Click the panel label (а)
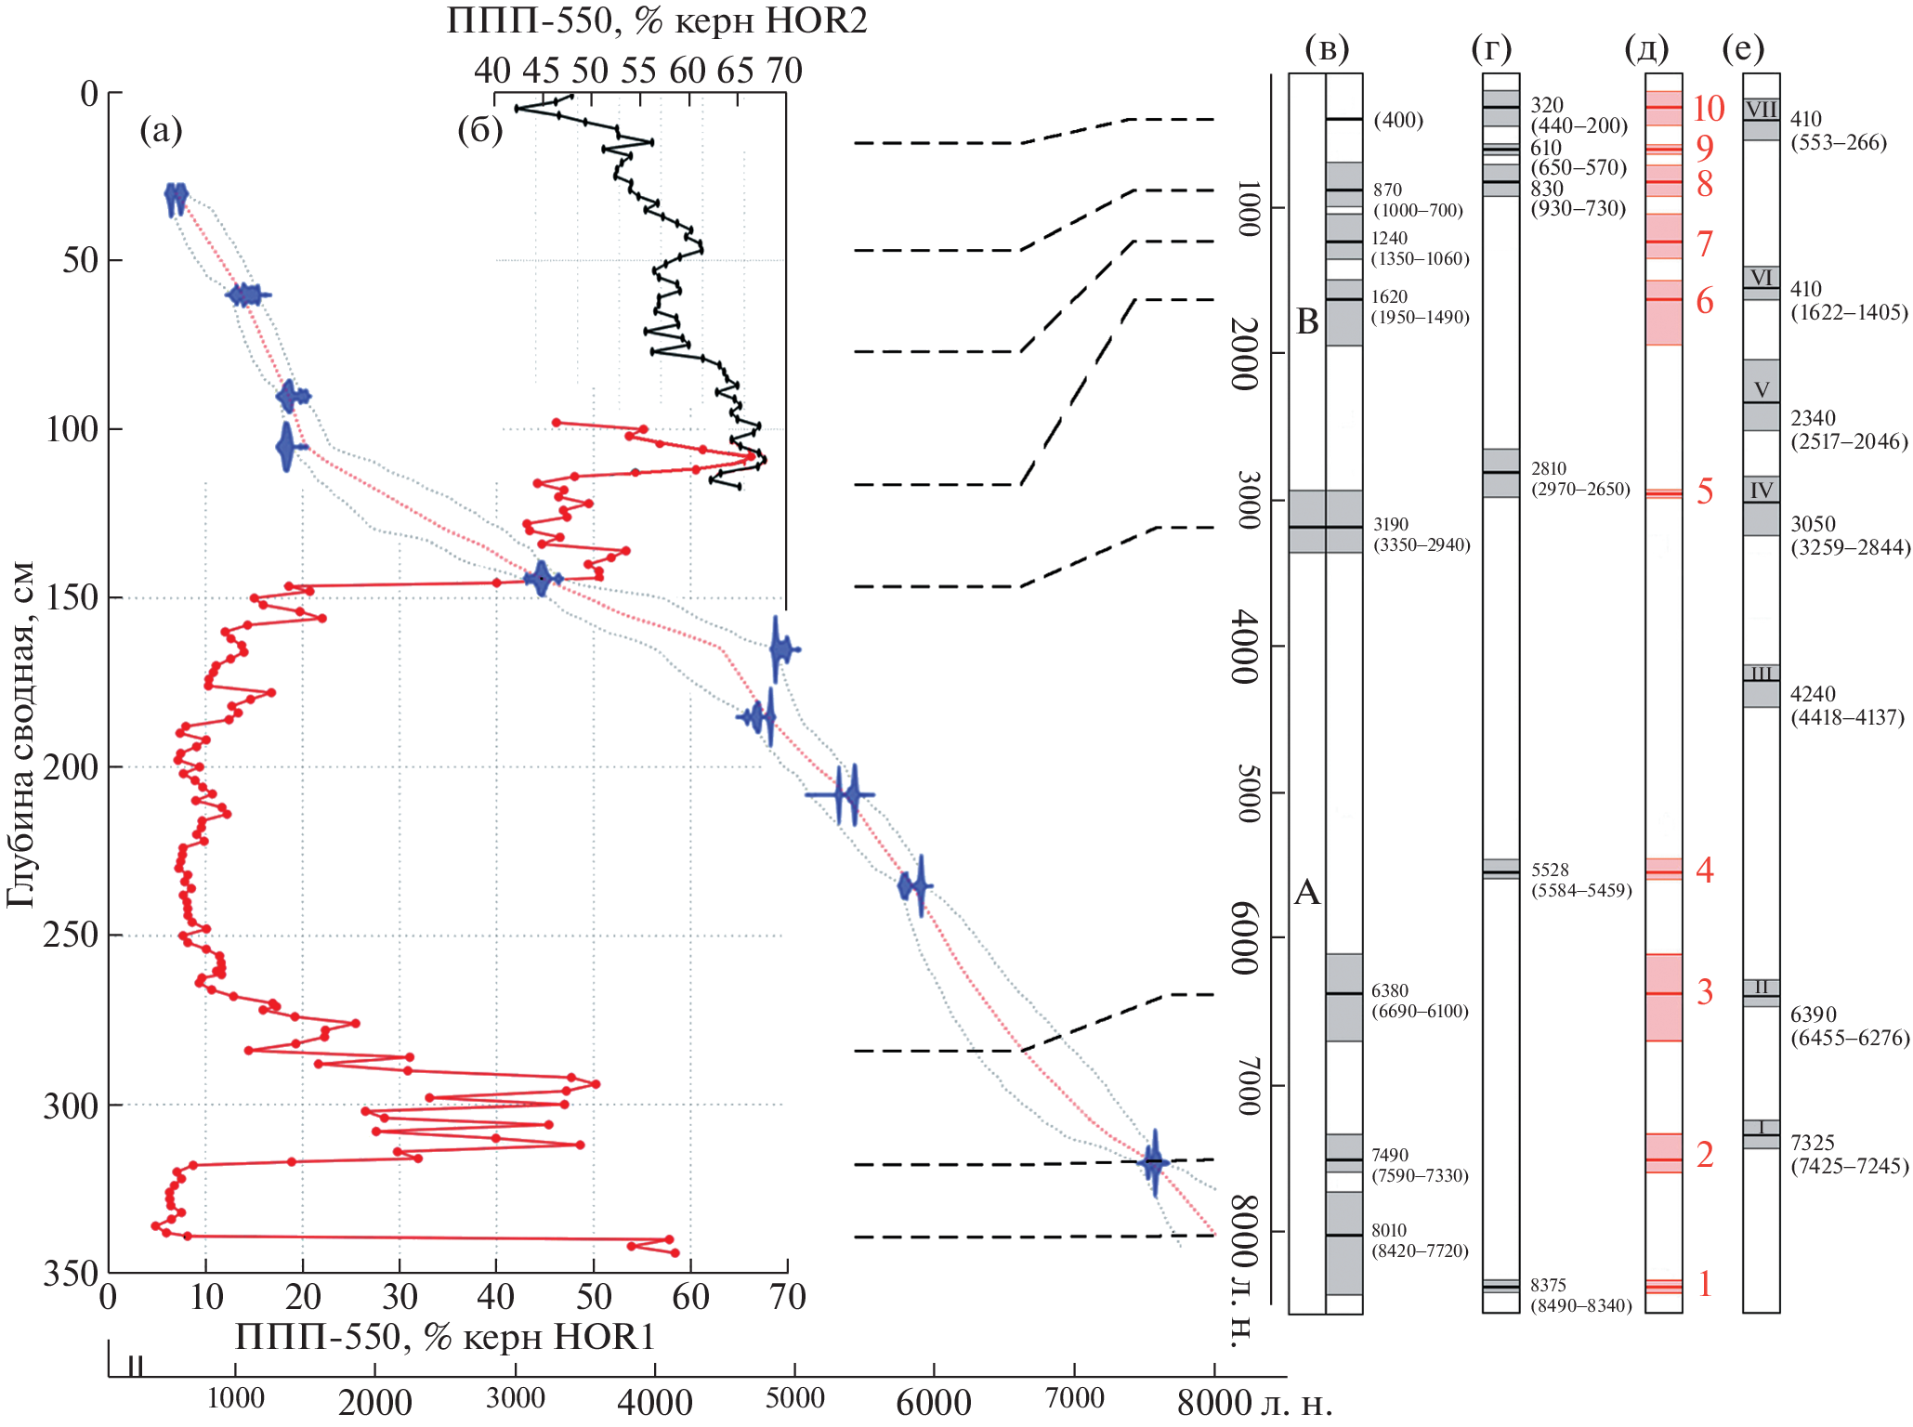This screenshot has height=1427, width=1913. click(x=161, y=131)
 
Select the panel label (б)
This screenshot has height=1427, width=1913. click(x=479, y=131)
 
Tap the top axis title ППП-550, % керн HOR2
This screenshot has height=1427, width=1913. click(x=657, y=20)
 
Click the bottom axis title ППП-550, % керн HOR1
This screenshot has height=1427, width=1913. click(x=445, y=1337)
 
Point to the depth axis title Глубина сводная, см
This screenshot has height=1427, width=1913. click(x=20, y=734)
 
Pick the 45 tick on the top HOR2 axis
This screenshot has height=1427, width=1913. click(x=540, y=71)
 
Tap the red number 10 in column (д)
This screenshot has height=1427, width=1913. click(x=1708, y=109)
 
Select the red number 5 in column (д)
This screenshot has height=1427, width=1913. click(x=1704, y=491)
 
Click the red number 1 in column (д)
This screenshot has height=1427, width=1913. click(x=1704, y=1284)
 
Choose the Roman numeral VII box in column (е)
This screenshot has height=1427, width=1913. click(x=1761, y=110)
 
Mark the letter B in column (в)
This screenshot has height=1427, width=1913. click(x=1307, y=322)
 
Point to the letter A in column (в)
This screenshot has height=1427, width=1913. click(x=1307, y=893)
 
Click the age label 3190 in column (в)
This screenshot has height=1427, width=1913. click(x=1391, y=525)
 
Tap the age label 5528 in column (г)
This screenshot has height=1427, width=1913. click(x=1550, y=871)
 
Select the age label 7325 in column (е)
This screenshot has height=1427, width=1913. click(x=1813, y=1143)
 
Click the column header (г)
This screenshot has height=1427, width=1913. click(x=1491, y=48)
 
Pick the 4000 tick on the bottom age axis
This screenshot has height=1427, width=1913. click(x=654, y=1401)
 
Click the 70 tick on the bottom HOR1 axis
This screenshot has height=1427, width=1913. click(x=787, y=1297)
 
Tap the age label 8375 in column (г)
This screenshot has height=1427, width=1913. click(x=1549, y=1285)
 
